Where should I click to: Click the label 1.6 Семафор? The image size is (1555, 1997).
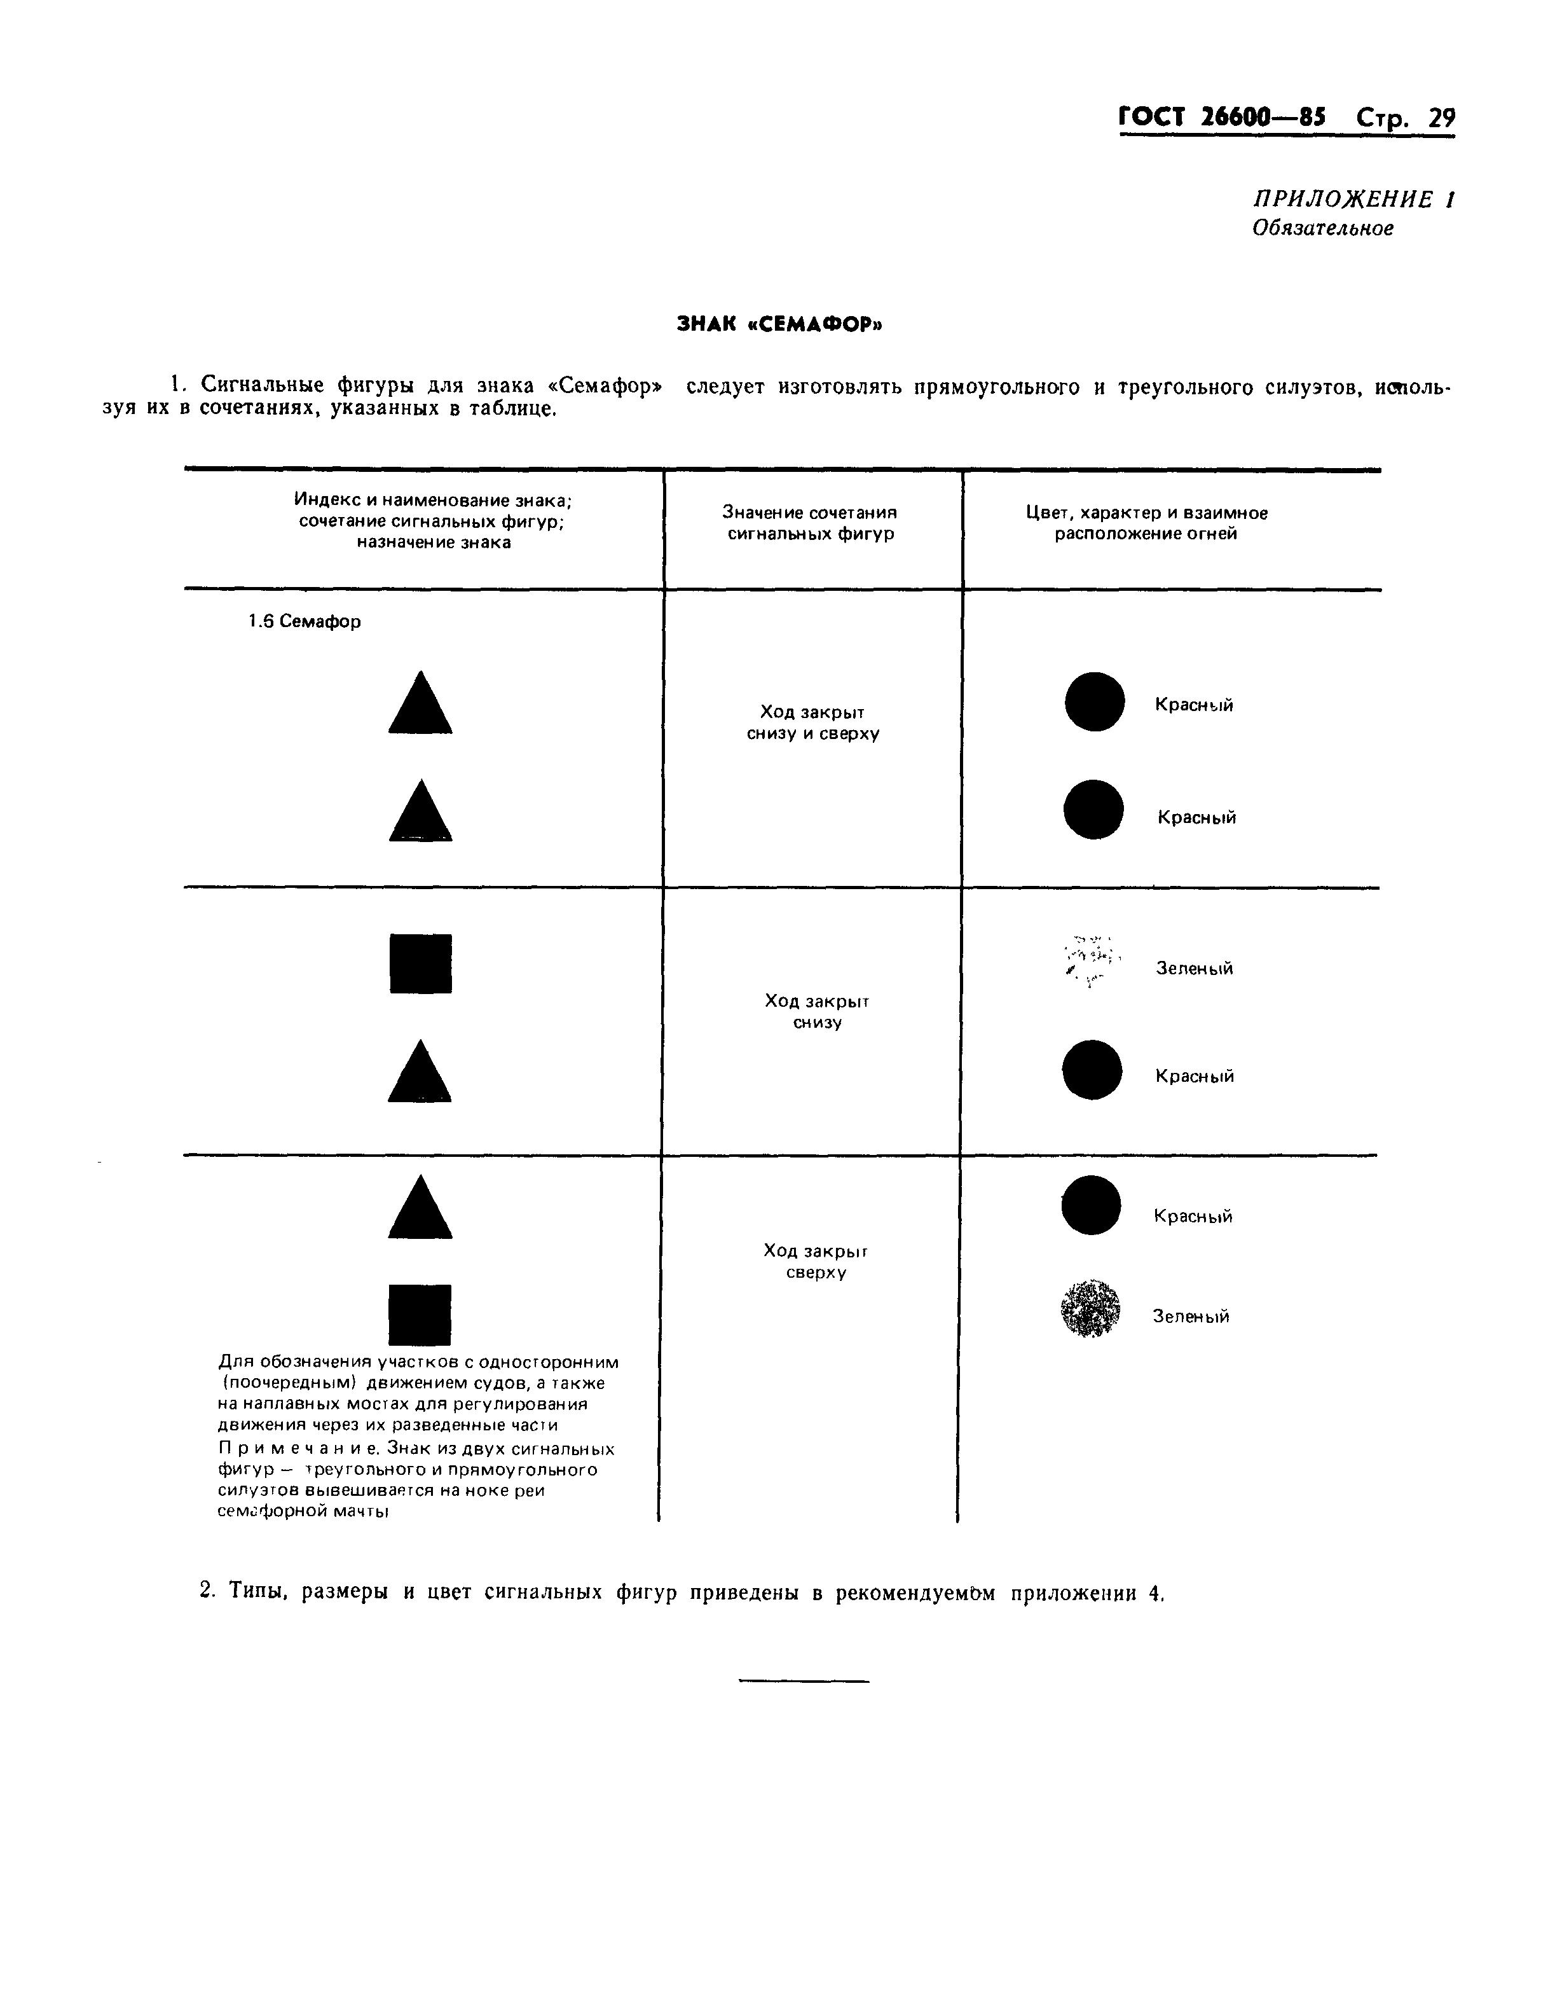tap(305, 622)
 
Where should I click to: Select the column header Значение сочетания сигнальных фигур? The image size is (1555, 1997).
tap(810, 523)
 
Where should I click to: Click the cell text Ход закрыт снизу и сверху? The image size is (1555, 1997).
tap(812, 722)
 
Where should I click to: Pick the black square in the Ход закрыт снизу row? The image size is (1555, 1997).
tap(420, 964)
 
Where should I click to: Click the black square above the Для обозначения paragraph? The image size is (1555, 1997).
tap(420, 1315)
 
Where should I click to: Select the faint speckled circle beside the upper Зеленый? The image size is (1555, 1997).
tap(1091, 962)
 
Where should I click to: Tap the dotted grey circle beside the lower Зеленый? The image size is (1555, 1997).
tap(1090, 1308)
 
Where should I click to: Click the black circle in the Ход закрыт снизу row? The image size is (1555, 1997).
tap(1092, 1070)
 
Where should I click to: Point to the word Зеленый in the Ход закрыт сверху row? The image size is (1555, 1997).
tap(1190, 1316)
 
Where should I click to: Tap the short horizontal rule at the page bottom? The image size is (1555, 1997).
tap(804, 1682)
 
